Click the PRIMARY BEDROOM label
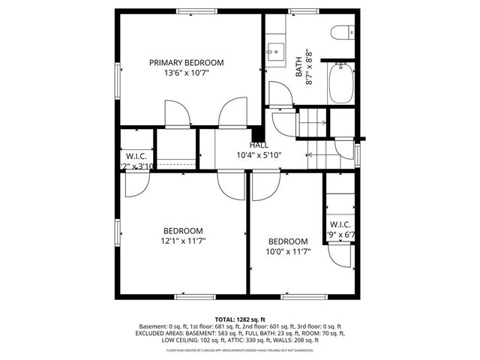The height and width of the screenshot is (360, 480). click(x=186, y=62)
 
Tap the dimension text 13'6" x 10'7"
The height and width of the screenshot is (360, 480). click(x=186, y=73)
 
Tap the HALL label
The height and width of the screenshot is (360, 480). click(x=259, y=145)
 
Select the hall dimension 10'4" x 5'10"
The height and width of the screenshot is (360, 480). click(x=259, y=155)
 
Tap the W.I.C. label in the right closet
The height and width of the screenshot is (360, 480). click(x=340, y=224)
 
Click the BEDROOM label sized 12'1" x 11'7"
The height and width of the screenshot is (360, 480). click(x=183, y=230)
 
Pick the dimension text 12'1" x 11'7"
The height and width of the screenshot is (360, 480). click(x=183, y=241)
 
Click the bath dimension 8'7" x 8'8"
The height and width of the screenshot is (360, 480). click(x=307, y=67)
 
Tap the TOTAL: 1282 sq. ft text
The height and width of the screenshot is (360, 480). click(x=240, y=319)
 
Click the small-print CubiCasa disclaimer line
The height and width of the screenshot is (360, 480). click(x=240, y=349)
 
